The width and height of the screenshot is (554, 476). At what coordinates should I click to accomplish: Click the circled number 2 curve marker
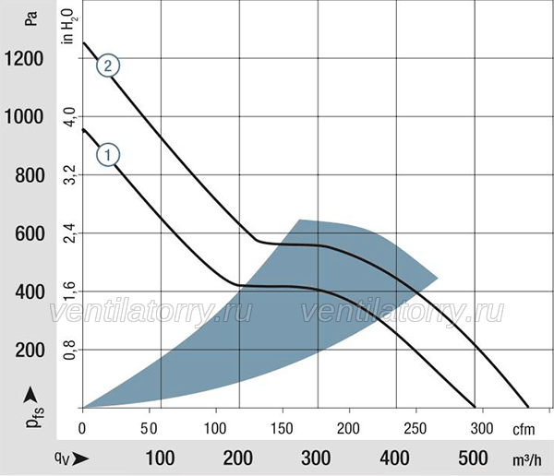108,65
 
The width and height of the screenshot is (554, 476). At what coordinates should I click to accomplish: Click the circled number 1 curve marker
108,155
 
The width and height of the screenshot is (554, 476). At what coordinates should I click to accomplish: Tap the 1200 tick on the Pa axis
24,59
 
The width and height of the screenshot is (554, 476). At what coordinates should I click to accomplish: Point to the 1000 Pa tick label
24,116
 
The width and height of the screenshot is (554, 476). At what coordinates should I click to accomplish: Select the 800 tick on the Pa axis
30,175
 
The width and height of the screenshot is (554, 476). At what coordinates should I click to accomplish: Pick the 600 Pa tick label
30,233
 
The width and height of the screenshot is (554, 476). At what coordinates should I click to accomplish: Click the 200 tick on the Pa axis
30,351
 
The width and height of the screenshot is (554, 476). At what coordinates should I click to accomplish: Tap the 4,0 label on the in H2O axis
70,117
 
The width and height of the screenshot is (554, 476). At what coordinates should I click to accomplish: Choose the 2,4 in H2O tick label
70,233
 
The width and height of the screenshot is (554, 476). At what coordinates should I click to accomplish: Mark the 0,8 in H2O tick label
70,350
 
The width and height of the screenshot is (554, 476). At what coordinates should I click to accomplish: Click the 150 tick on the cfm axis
282,429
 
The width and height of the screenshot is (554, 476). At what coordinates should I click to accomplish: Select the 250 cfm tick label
415,429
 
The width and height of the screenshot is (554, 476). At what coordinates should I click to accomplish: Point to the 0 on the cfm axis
82,429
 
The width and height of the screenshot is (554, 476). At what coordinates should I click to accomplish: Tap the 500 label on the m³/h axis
473,458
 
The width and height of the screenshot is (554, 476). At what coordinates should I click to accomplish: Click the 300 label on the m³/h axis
316,458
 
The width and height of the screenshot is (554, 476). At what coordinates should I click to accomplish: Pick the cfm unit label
524,430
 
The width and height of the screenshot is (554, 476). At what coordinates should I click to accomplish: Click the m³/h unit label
527,459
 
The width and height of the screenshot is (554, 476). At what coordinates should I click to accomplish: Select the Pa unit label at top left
30,18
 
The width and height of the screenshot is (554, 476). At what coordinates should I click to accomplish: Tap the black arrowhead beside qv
80,458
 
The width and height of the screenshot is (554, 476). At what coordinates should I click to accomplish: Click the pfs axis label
35,417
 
